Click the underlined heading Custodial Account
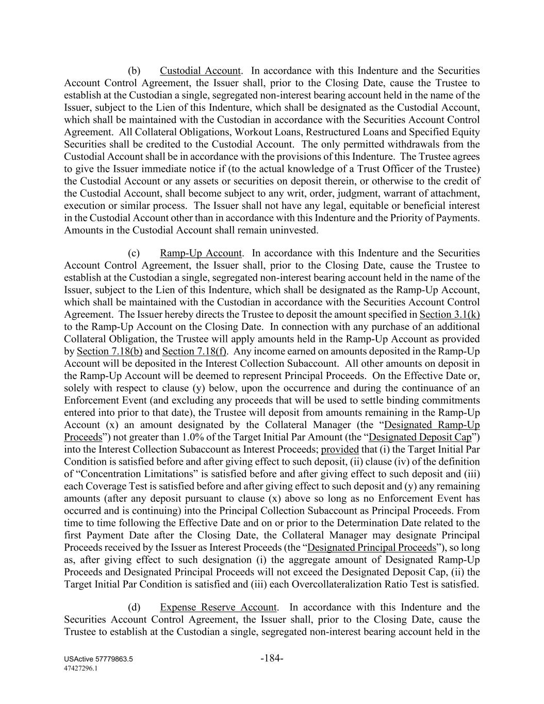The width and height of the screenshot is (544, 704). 200,71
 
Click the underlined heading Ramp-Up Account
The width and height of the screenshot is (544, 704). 201,253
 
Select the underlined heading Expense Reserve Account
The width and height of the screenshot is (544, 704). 219,608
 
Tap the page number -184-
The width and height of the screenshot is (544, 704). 272,658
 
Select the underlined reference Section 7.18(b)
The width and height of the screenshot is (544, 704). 109,351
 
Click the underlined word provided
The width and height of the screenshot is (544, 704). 340,449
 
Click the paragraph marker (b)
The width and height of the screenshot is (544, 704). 134,71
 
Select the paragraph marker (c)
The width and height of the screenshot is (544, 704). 134,253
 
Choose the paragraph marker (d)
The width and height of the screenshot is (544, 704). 134,608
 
